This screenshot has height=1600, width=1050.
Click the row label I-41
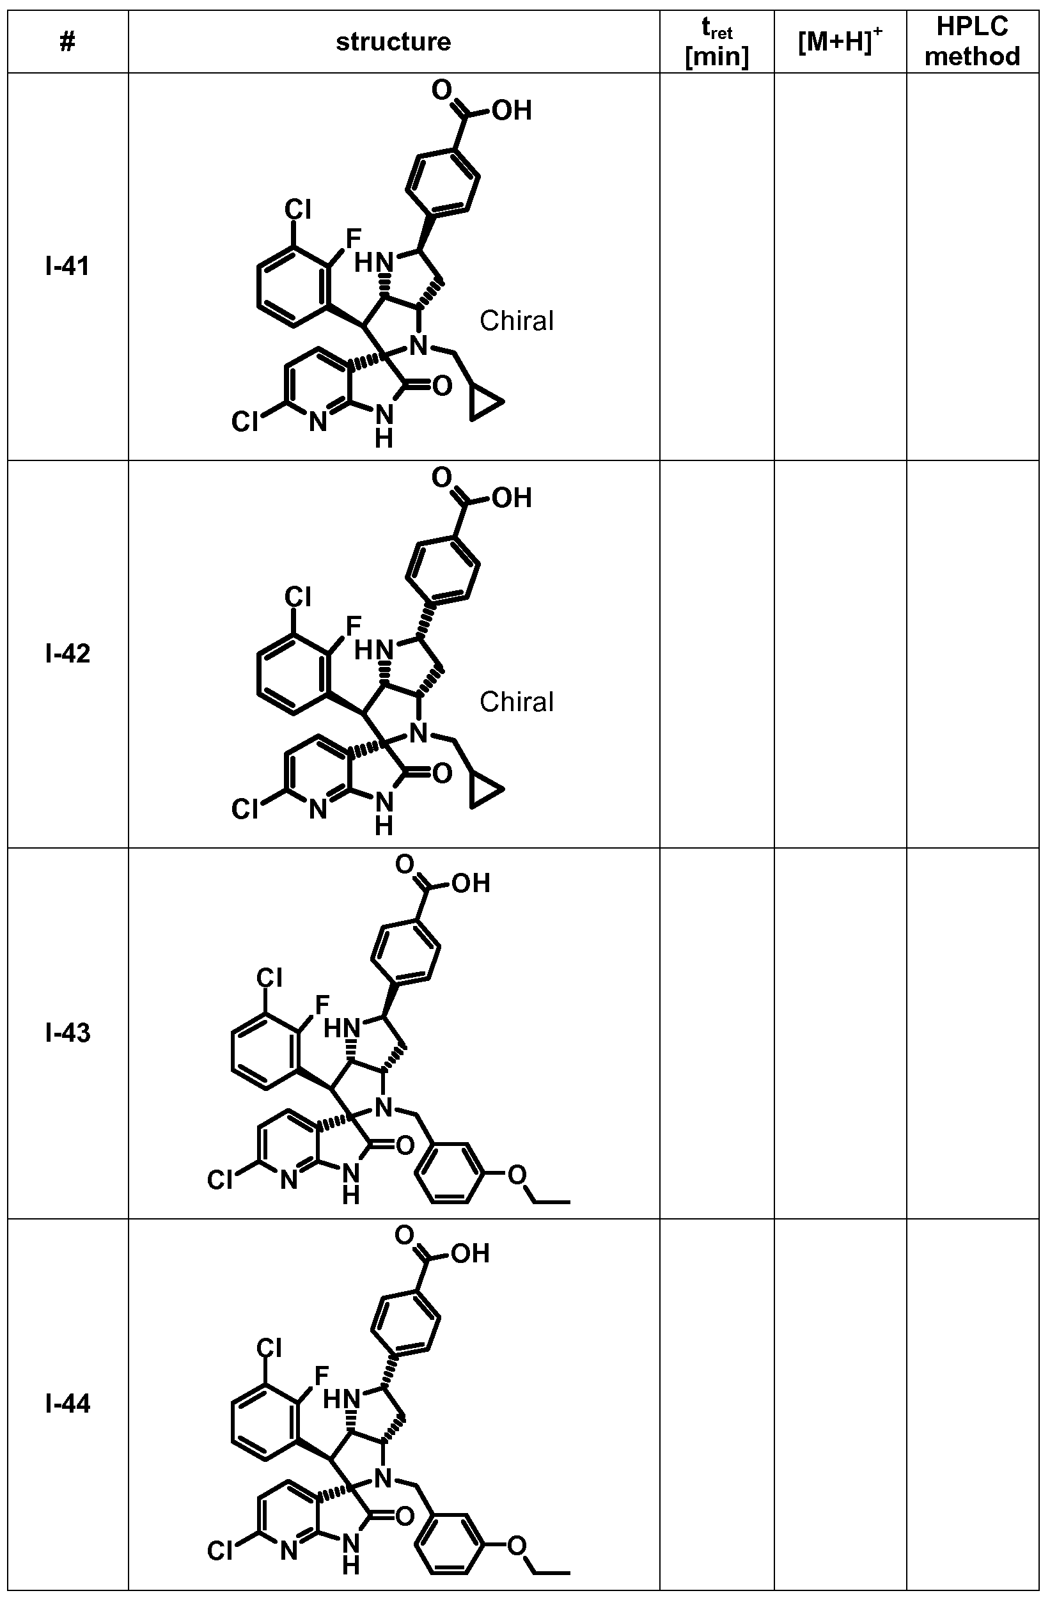pyautogui.click(x=67, y=267)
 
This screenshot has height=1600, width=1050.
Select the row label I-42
pyautogui.click(x=67, y=654)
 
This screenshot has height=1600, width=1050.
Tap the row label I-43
pyautogui.click(x=67, y=1033)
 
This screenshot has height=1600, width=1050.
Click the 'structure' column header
pyautogui.click(x=393, y=42)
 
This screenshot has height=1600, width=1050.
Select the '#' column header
pyautogui.click(x=67, y=42)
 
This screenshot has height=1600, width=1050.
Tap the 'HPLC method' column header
pyautogui.click(x=972, y=42)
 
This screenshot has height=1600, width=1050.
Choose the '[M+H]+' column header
pyautogui.click(x=840, y=42)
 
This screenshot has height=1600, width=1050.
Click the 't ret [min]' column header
pyautogui.click(x=717, y=42)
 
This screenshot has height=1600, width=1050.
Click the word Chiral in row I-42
pyautogui.click(x=516, y=702)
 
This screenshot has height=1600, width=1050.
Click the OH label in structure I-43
pyautogui.click(x=471, y=883)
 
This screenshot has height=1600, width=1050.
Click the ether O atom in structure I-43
pyautogui.click(x=516, y=1175)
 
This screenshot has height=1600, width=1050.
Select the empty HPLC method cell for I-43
pyautogui.click(x=972, y=1033)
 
